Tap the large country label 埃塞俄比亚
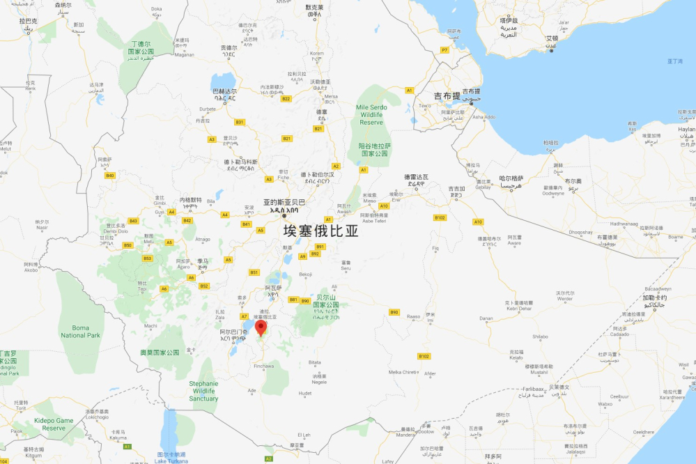pos(320,231)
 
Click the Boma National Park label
pos(81,331)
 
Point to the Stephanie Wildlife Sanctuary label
pos(203,391)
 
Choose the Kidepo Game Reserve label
pos(54,424)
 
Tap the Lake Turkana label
pos(171,458)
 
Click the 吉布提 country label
pos(447,95)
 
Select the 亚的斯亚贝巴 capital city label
pos(284,203)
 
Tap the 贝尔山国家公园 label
pos(325,305)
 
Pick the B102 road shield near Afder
pos(424,356)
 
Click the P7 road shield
pos(444,50)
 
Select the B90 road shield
pos(394,311)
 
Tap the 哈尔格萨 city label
pos(511,178)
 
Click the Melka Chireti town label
pos(404,372)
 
